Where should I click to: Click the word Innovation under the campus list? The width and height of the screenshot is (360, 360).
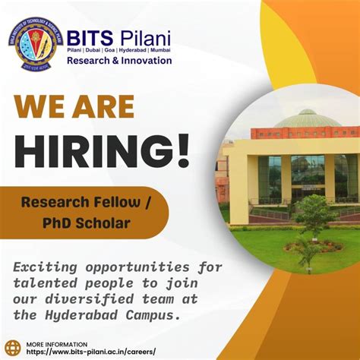147,61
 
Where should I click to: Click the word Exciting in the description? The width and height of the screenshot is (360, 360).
49,268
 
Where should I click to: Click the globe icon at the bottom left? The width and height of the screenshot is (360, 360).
13,348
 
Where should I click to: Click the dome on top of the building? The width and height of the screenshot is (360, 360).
306,119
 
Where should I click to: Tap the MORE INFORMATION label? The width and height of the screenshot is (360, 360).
57,343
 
